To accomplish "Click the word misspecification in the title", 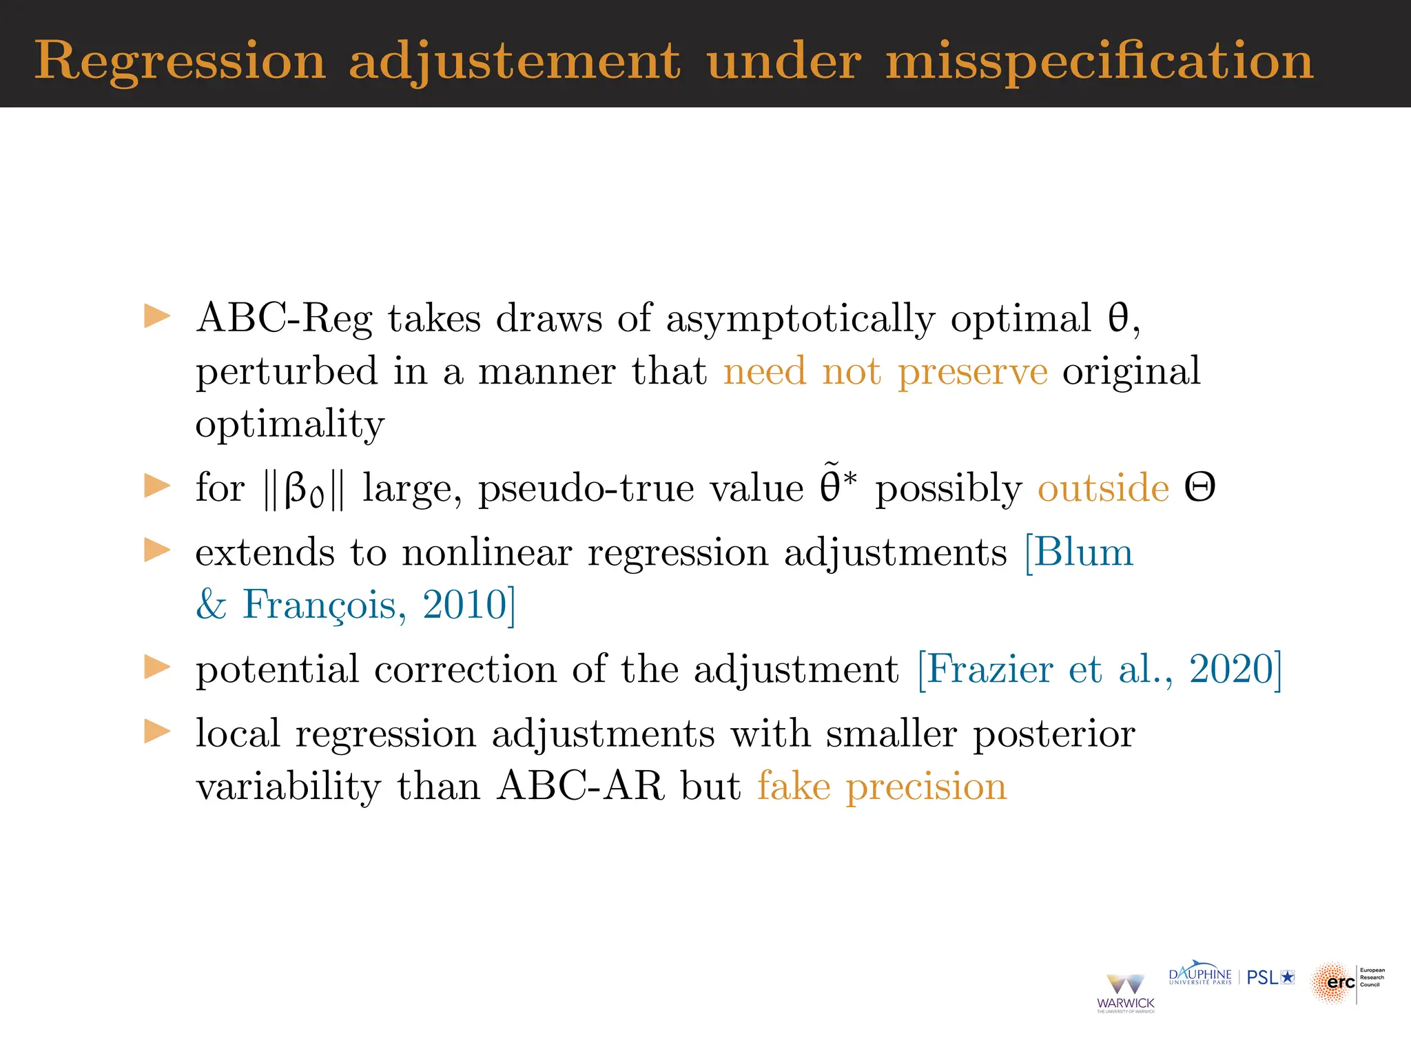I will [x=1100, y=62].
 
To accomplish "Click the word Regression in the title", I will [x=180, y=62].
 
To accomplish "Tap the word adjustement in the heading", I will [x=515, y=62].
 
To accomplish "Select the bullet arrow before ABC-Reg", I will [x=157, y=317].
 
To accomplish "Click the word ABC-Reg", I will [x=283, y=319].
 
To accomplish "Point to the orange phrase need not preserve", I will [x=885, y=372].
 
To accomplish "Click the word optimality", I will [x=289, y=424].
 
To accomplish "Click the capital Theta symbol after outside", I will [x=1199, y=488].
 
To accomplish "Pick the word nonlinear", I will [x=486, y=552].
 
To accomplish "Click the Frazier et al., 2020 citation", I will [x=1099, y=669].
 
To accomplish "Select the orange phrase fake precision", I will [x=882, y=786].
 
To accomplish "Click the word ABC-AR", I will [x=580, y=786].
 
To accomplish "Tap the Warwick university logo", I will [x=1125, y=993].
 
